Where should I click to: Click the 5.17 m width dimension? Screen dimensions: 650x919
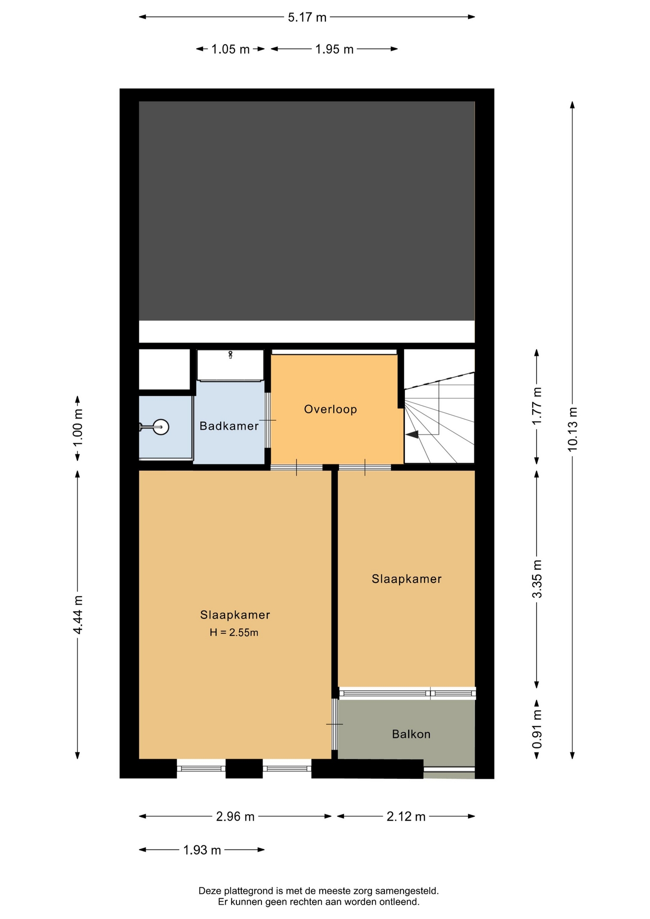click(307, 18)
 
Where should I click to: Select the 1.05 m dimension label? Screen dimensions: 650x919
click(230, 49)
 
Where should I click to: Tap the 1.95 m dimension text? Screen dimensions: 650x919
click(334, 49)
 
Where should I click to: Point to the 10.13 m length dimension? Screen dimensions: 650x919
click(572, 429)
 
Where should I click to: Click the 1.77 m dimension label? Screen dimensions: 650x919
click(537, 405)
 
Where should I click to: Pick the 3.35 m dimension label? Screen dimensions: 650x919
click(537, 579)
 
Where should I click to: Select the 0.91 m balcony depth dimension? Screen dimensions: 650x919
click(537, 729)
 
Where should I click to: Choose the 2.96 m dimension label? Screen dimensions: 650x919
click(235, 817)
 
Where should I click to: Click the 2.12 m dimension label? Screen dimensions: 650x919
click(406, 817)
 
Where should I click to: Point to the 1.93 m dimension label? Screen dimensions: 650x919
click(202, 850)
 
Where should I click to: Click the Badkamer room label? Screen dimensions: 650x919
click(229, 426)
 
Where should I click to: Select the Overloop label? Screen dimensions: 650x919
click(330, 409)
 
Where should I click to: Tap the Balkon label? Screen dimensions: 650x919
click(411, 734)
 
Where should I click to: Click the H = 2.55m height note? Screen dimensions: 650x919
click(234, 632)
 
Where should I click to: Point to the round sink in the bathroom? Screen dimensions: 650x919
click(161, 427)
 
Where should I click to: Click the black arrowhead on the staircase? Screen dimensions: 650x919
click(412, 434)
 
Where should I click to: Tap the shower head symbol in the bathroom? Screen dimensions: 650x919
click(230, 355)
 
